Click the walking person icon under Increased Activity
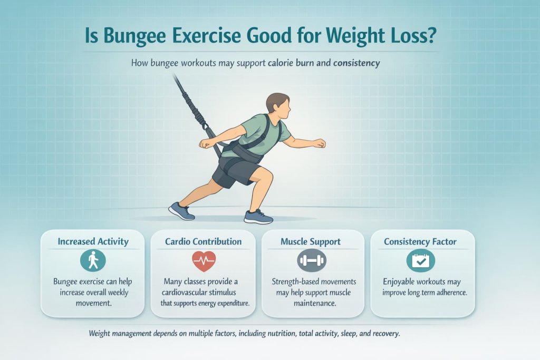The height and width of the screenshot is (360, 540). tap(93, 260)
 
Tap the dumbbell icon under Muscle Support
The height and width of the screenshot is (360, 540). tap(312, 260)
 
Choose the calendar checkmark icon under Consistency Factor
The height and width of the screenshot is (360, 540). tap(420, 260)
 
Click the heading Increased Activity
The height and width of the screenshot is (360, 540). tap(93, 241)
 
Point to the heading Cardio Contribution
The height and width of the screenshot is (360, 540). tap(203, 241)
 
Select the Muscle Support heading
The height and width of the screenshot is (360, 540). tap(311, 242)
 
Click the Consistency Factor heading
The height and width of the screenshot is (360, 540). tap(421, 242)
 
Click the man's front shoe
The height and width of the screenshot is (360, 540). tap(258, 216)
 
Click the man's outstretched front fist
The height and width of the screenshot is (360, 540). tap(319, 143)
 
